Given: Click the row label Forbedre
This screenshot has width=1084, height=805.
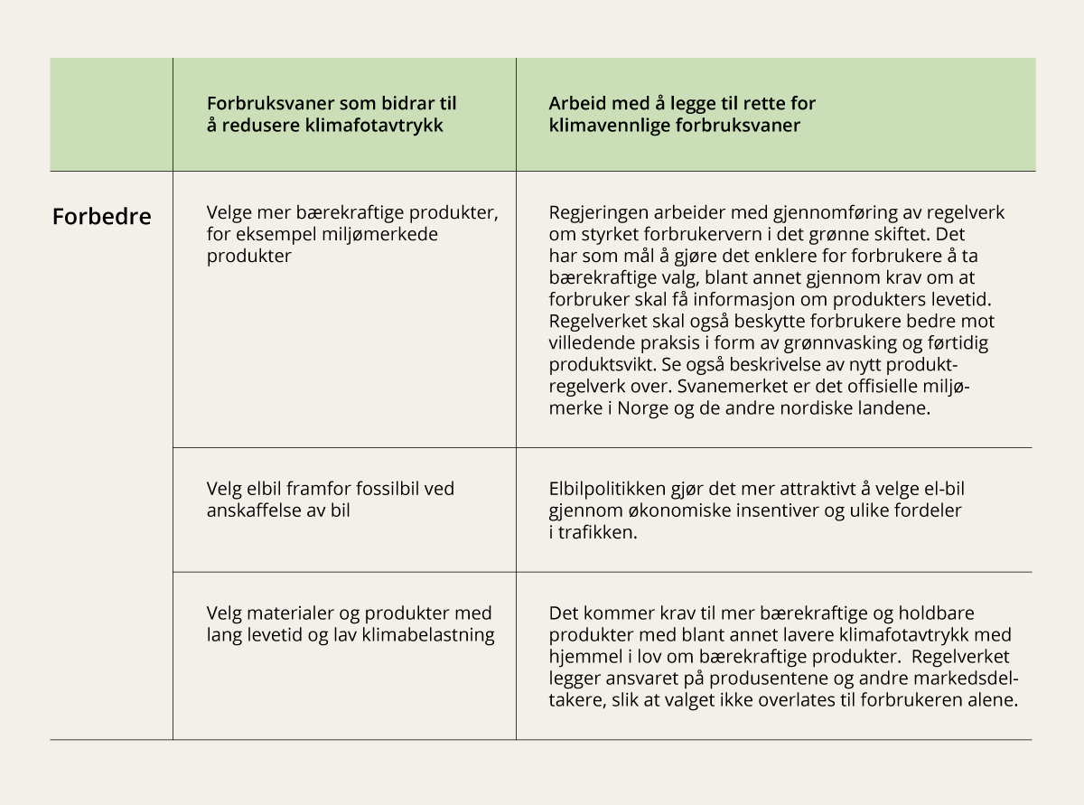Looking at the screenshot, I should [101, 218].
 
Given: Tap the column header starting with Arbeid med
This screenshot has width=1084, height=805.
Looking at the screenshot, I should [682, 115].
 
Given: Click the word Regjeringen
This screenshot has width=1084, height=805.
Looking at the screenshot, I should [597, 213].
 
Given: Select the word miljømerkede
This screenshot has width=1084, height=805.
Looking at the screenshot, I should [373, 235].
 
